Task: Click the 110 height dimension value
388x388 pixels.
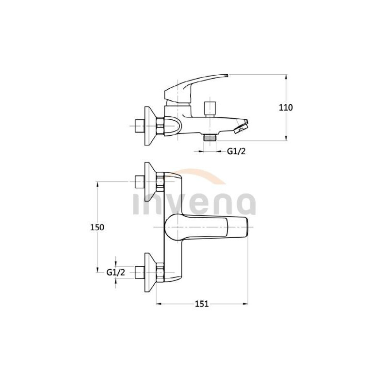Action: pyautogui.click(x=286, y=108)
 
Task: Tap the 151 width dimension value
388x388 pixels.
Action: pyautogui.click(x=201, y=304)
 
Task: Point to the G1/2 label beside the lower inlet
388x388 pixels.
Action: pyautogui.click(x=116, y=273)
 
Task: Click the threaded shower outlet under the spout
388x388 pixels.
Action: pyautogui.click(x=210, y=137)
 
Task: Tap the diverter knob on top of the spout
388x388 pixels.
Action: pyautogui.click(x=210, y=107)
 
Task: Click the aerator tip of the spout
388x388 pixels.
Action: pyautogui.click(x=241, y=128)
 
